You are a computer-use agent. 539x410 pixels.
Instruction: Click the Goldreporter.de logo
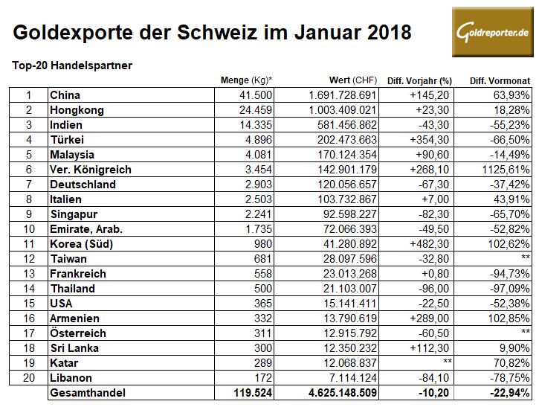pos(492,33)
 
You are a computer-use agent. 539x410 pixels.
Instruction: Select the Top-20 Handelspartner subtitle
pos(72,65)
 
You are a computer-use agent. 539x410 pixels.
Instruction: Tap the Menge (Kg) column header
pos(246,80)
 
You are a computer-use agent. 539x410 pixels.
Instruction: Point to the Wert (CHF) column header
pos(353,80)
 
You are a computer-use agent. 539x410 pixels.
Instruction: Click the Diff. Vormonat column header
pos(500,80)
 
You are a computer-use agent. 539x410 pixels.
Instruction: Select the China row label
pos(65,95)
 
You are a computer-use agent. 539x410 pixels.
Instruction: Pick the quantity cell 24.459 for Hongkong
pos(255,110)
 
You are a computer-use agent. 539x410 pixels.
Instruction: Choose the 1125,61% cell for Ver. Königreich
pos(506,170)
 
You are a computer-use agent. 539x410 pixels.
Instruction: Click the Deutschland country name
pos(83,185)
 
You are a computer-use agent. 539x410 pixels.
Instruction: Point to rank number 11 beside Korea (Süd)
pos(29,244)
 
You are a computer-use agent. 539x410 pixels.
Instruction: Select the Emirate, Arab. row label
pos(85,229)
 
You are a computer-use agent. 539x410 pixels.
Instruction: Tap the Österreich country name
pos(77,333)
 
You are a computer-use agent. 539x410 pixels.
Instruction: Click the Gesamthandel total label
pos(87,393)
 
